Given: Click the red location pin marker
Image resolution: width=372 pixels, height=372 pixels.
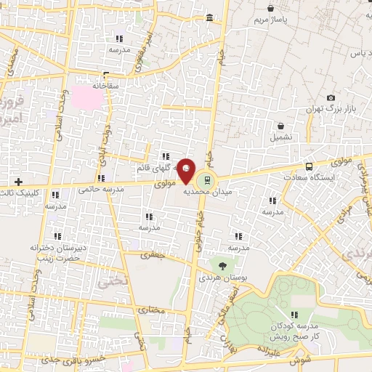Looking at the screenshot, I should click(x=187, y=170).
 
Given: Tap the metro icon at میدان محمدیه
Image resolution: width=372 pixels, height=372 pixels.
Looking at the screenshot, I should click(x=208, y=179).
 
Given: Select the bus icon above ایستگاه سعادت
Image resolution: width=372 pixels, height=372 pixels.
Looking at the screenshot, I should click(x=310, y=166).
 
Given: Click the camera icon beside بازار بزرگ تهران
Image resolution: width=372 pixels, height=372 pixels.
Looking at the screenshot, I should click(x=331, y=98).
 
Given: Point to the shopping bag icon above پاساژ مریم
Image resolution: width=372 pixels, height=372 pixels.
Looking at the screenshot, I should click(x=271, y=9).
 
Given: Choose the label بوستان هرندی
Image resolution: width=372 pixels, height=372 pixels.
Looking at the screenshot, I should click(x=221, y=278).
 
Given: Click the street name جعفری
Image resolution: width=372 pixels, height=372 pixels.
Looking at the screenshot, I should click(x=153, y=256).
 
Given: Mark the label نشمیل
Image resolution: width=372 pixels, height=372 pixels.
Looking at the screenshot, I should click(x=281, y=136).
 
